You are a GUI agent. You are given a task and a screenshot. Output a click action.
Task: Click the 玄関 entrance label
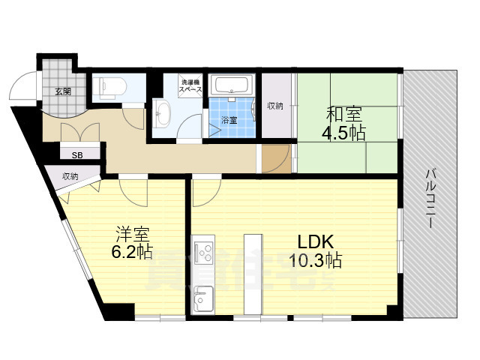tap(62, 91)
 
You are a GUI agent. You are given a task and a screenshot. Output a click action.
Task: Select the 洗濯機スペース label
tap(190, 85)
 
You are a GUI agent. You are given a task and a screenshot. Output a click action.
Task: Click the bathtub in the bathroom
tap(232, 85)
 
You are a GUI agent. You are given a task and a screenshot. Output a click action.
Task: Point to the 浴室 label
tap(229, 120)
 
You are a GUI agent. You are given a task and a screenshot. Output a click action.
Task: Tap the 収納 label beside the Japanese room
tap(275, 106)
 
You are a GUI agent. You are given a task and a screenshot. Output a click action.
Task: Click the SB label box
tap(76, 155)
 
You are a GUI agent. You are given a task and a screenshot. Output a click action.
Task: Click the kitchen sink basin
tap(202, 302)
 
